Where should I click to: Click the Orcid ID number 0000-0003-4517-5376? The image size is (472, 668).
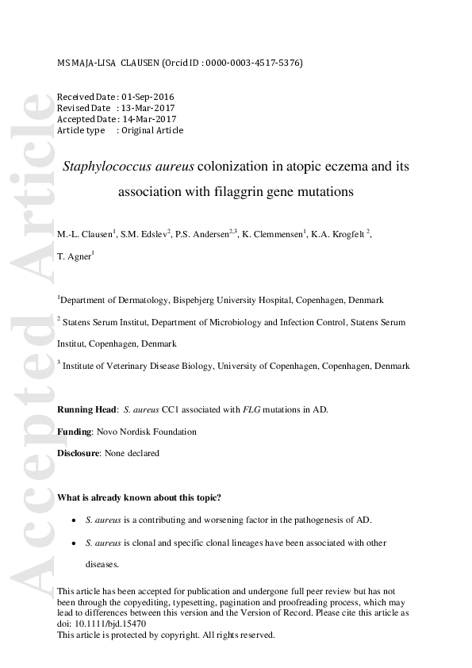click(253, 62)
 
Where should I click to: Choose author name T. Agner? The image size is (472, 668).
click(74, 256)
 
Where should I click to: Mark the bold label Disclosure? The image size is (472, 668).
click(79, 453)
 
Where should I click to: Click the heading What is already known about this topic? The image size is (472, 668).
click(140, 497)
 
